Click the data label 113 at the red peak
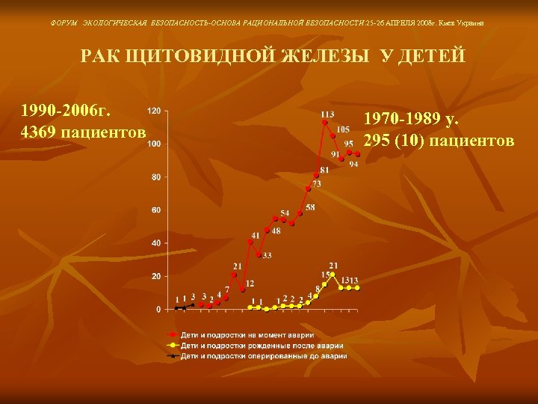[327, 114]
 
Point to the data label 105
[342, 129]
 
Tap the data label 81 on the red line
[324, 171]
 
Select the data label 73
[317, 183]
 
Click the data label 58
[309, 207]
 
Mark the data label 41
[256, 235]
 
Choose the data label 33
[266, 255]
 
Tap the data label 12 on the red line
[250, 284]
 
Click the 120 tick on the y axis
[154, 111]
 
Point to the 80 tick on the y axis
[155, 177]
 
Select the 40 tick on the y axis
[155, 243]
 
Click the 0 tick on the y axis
[158, 309]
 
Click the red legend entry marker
[172, 334]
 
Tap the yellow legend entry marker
[172, 345]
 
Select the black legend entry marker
[172, 356]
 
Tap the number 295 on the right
[377, 141]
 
